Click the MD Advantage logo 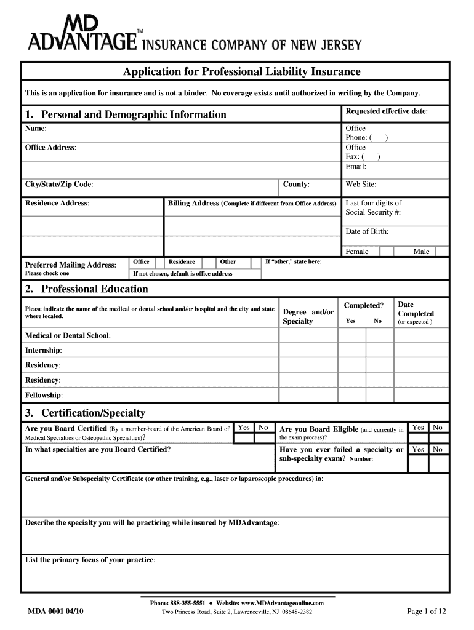82,33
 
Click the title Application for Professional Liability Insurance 241,72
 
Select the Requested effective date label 387,111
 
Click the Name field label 35,128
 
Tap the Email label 356,166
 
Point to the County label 296,185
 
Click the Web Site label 361,185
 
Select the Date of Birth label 367,231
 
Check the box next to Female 387,251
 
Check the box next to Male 441,251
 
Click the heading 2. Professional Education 86,289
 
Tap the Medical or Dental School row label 68,335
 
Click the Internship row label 43,350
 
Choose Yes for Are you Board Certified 244,427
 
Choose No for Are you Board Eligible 438,427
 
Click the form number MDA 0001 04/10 56,612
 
